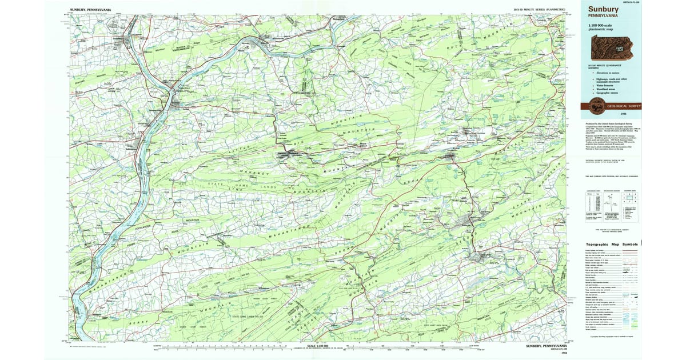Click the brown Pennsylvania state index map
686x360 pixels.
pos(615,47)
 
